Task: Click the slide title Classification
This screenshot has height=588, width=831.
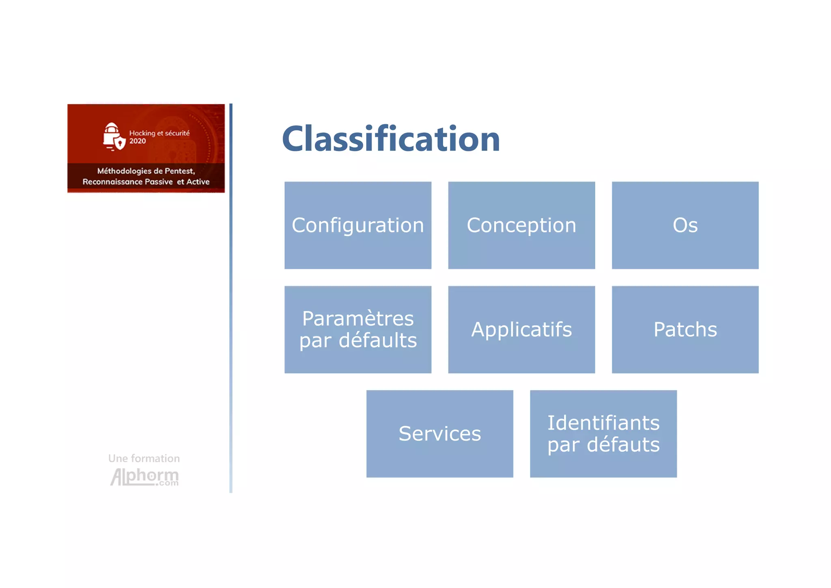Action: point(391,139)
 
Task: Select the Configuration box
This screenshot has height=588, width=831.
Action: point(357,225)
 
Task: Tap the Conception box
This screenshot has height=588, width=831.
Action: point(521,225)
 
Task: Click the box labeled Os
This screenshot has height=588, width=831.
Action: point(685,225)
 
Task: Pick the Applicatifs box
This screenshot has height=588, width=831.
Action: point(521,329)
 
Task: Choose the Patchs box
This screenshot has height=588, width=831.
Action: point(685,329)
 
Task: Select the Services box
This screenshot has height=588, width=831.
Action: point(439,434)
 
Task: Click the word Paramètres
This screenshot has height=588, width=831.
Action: point(357,318)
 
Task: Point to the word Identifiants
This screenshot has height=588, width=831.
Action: point(603,423)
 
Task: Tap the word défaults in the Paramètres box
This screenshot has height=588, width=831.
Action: point(377,340)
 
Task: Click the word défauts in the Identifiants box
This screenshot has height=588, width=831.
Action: point(623,445)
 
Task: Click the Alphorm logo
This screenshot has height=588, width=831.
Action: point(144,477)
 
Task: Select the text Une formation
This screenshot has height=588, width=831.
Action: point(144,458)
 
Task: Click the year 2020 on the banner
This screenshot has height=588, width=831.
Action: point(138,141)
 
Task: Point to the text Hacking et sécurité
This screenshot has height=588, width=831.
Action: point(159,133)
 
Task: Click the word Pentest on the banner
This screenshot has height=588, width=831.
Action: point(179,171)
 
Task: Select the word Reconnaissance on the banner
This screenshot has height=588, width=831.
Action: point(112,182)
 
